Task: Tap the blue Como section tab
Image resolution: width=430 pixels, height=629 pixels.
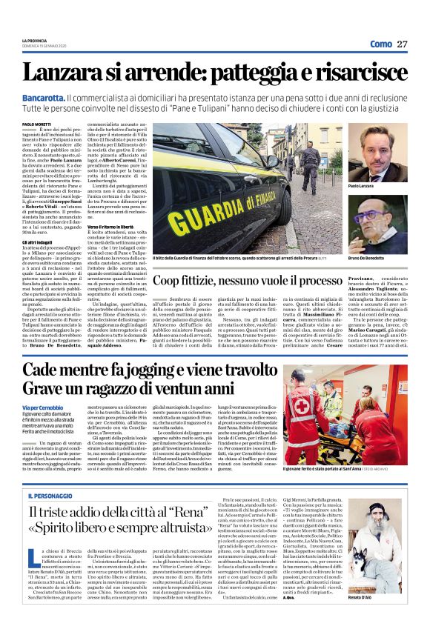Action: click(380, 44)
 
